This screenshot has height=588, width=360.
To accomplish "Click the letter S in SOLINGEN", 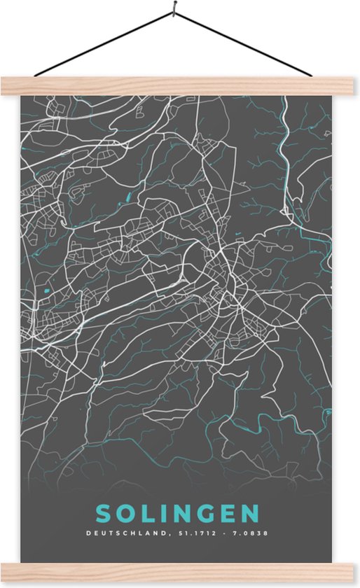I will (x=103, y=514).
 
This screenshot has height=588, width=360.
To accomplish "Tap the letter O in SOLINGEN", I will (x=125, y=514).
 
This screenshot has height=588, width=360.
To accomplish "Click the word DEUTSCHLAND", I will (x=125, y=534).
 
